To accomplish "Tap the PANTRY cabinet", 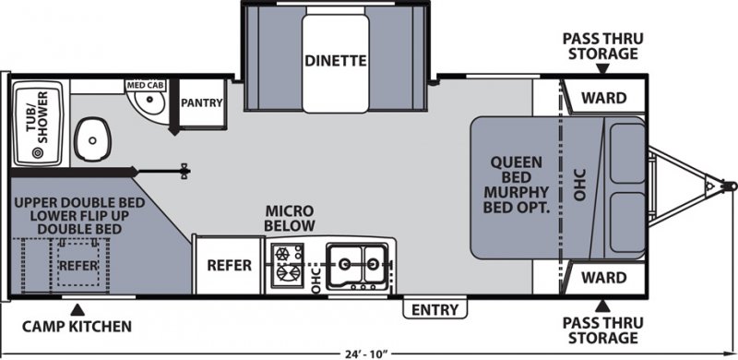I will (x=202, y=102).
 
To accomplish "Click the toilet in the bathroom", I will (x=91, y=138).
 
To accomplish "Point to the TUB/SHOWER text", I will (x=35, y=117).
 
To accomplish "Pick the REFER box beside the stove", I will (x=230, y=264).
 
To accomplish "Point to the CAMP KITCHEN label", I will (x=77, y=326).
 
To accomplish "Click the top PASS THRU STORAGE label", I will (x=601, y=45).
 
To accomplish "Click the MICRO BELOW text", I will (x=291, y=218).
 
